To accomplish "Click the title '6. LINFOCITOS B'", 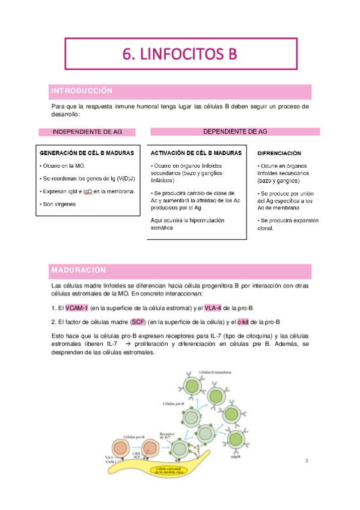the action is tap(180, 54).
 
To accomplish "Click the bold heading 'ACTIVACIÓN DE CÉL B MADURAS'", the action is tap(196, 153).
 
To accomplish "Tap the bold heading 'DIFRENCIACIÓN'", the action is tap(279, 154).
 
